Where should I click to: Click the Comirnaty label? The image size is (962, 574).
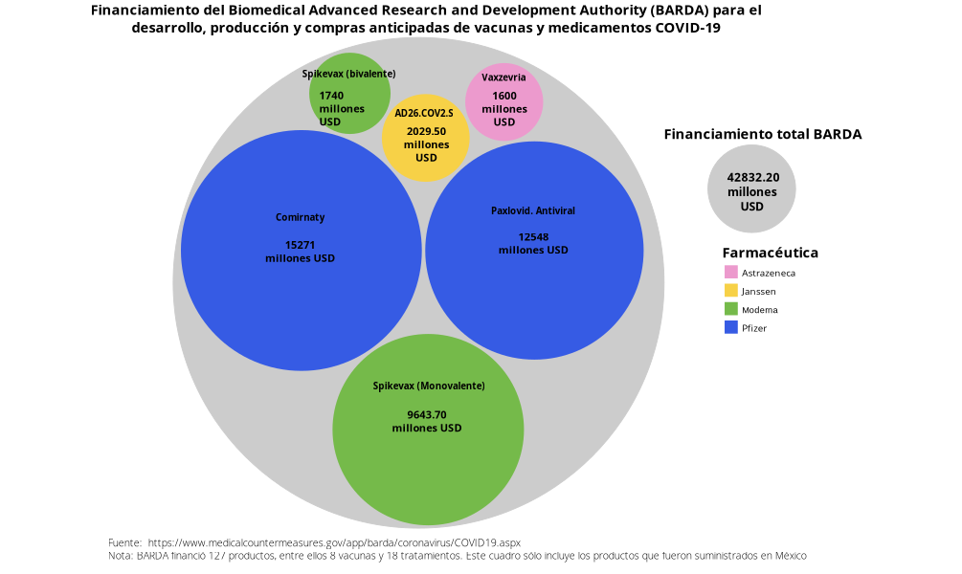point(301,217)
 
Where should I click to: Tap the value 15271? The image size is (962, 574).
point(301,245)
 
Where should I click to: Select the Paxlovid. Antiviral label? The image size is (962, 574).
point(533,210)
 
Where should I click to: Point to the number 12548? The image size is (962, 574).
point(533,236)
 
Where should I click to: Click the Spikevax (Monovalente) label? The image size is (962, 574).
point(429,386)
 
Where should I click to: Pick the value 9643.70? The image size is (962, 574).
point(427,414)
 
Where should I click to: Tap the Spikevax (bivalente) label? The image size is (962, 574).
point(348,74)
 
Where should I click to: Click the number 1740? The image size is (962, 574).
point(331,96)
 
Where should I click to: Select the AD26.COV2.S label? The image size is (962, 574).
point(424,113)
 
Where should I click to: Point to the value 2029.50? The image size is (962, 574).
point(426,132)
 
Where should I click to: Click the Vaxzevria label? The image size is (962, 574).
point(503,77)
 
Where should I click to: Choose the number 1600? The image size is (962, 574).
point(504,96)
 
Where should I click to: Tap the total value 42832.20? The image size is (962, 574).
point(752,177)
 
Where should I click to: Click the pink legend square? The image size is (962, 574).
point(731,272)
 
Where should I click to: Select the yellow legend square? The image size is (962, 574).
point(731,290)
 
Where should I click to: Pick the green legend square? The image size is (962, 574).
point(731,308)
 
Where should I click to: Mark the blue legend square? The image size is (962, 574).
point(731,326)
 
